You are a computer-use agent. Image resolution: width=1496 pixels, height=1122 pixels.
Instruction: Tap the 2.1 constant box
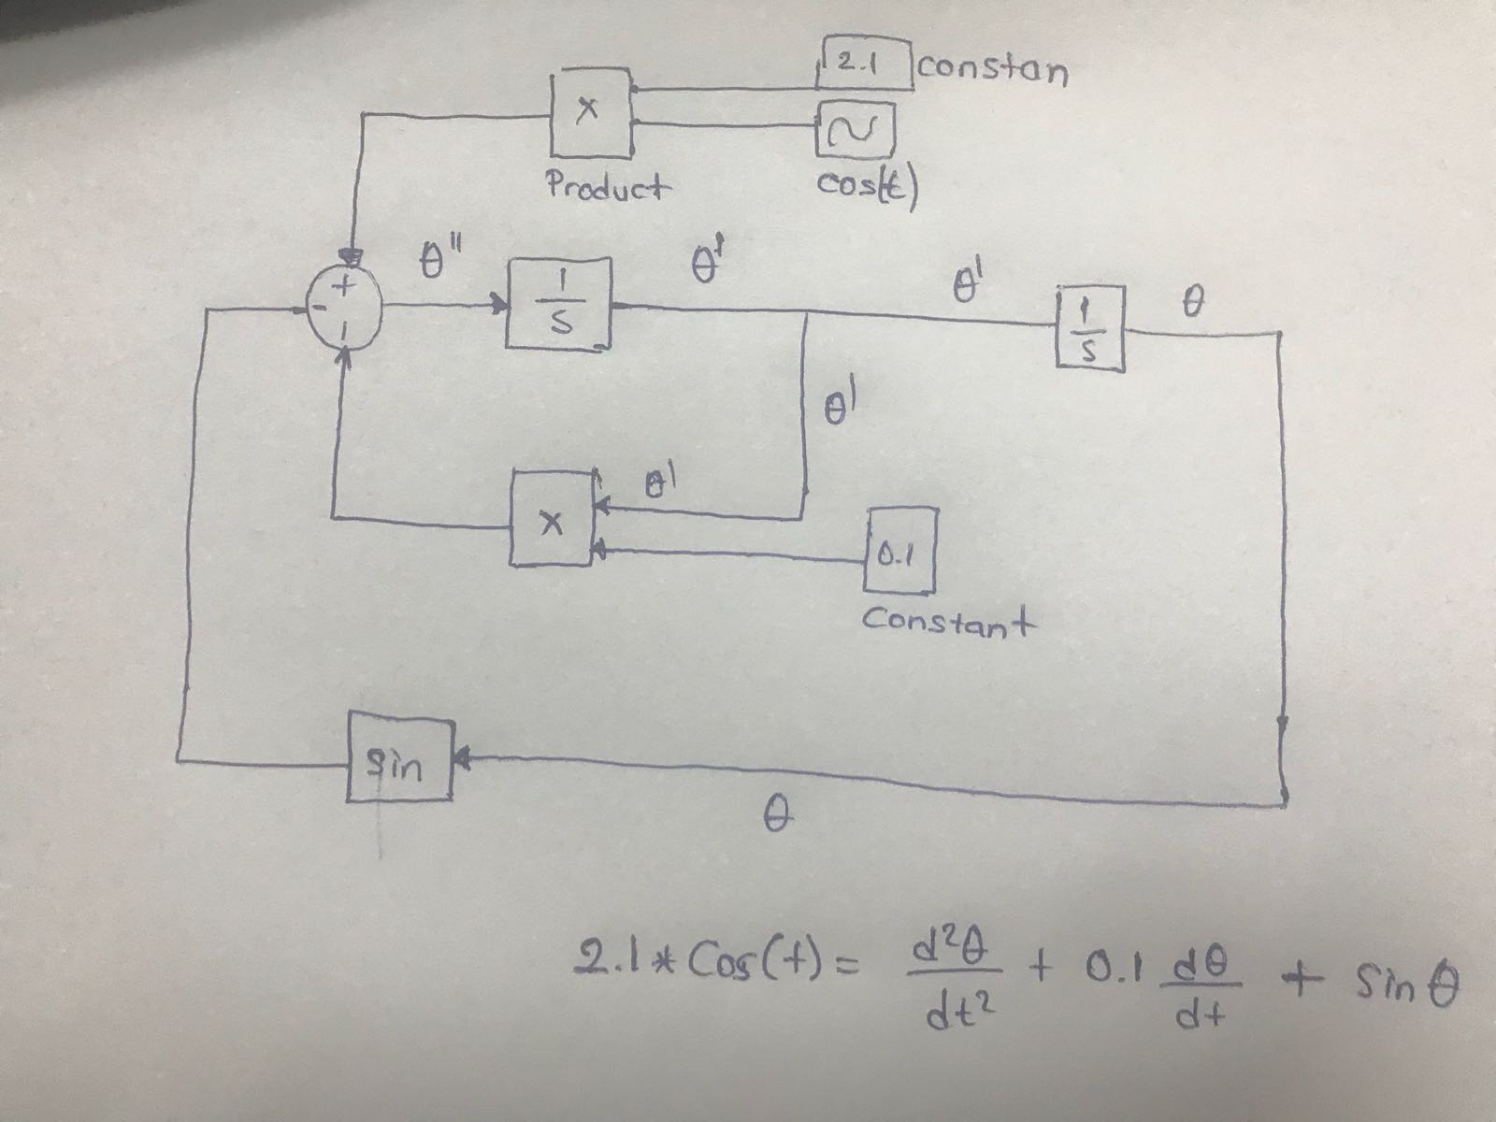(867, 65)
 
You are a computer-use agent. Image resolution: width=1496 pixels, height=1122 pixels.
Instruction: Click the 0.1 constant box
(899, 551)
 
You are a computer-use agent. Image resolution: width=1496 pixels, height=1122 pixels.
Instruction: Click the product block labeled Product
(589, 112)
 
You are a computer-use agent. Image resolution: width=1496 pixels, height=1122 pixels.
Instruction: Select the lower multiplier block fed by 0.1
(552, 518)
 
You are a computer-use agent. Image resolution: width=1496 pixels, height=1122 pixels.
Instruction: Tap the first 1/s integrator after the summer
(559, 304)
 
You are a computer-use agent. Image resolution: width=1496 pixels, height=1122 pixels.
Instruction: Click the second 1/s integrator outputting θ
(1090, 328)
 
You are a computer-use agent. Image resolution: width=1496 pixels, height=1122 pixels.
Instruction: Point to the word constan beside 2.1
(994, 69)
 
